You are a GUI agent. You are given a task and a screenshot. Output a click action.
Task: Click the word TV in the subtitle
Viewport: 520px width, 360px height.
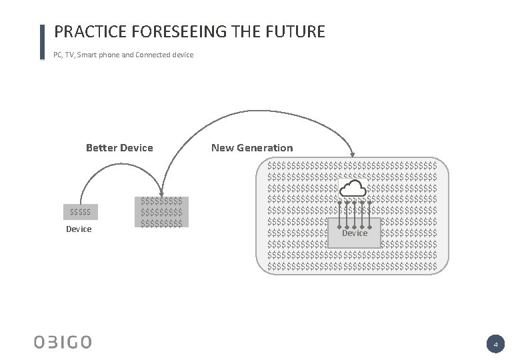[70, 55]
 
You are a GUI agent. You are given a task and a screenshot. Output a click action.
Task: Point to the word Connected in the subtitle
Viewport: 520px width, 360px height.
[153, 55]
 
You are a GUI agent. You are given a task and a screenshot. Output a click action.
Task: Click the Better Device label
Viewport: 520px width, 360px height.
[119, 148]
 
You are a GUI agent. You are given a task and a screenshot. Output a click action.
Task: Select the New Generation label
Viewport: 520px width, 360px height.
[252, 148]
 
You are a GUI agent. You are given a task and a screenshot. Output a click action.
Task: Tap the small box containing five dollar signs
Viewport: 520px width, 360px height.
[81, 212]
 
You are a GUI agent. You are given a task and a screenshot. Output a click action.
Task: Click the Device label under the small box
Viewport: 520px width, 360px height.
[79, 229]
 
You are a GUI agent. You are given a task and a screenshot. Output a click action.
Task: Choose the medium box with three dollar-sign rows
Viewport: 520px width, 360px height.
[161, 211]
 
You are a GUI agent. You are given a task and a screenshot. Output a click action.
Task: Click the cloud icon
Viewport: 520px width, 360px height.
[353, 189]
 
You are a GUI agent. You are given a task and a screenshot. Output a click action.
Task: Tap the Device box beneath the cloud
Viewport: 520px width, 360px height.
[354, 233]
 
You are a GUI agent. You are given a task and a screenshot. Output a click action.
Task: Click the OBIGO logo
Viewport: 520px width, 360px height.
[63, 343]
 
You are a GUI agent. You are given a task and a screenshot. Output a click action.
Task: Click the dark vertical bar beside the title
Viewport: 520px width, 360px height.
[43, 42]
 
